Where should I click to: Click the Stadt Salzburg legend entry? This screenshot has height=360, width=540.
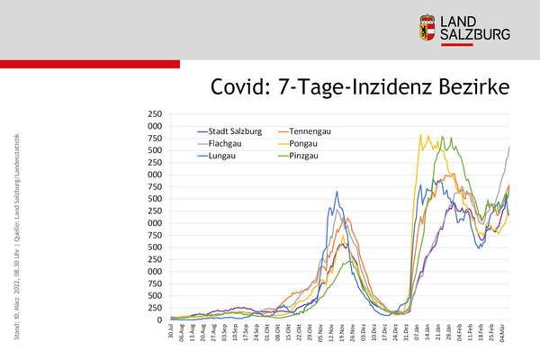[x=231, y=131]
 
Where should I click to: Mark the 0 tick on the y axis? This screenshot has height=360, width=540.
[x=157, y=319]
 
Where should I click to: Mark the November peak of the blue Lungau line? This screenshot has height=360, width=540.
[x=337, y=192]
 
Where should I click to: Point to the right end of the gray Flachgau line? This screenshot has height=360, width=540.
[x=509, y=146]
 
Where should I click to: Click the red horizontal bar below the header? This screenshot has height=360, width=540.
[x=90, y=64]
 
